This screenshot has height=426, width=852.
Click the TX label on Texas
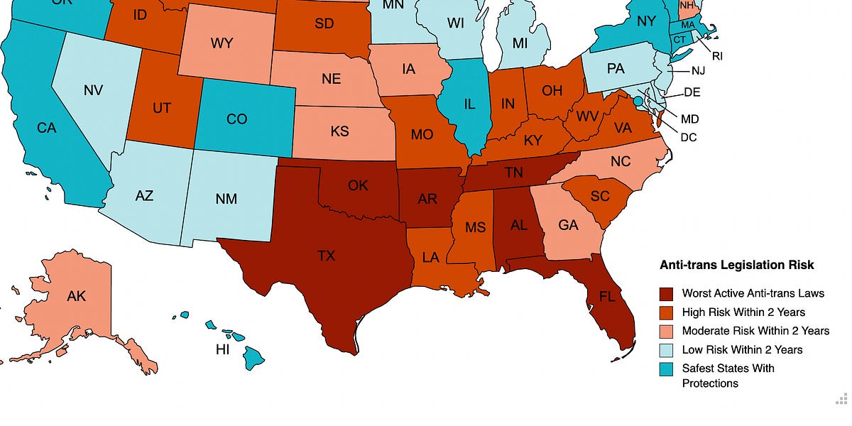pyautogui.click(x=326, y=256)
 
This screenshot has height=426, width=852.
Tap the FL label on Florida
pyautogui.click(x=607, y=297)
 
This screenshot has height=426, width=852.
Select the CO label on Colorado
pyautogui.click(x=236, y=119)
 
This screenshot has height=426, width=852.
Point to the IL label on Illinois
pyautogui.click(x=469, y=104)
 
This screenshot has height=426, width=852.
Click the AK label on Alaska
pyautogui.click(x=76, y=295)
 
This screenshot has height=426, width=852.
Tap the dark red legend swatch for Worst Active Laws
pyautogui.click(x=666, y=293)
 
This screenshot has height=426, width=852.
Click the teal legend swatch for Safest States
pyautogui.click(x=666, y=368)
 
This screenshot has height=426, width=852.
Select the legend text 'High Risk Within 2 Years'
pyautogui.click(x=743, y=312)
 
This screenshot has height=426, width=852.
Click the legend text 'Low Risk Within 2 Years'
pyautogui.click(x=742, y=349)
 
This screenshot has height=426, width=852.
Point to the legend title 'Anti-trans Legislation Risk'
pyautogui.click(x=736, y=265)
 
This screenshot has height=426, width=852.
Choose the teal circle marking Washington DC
pyautogui.click(x=638, y=102)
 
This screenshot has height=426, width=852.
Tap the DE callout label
pyautogui.click(x=692, y=92)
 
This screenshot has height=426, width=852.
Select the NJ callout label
pyautogui.click(x=700, y=72)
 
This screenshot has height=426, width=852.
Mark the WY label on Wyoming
pyautogui.click(x=222, y=43)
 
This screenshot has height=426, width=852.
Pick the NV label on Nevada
pyautogui.click(x=94, y=91)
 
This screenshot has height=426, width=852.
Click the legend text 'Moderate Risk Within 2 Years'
pyautogui.click(x=755, y=331)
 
